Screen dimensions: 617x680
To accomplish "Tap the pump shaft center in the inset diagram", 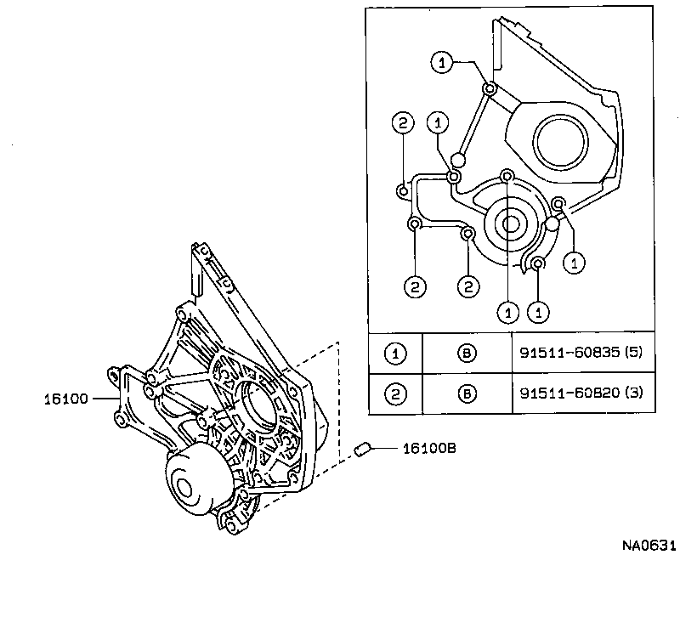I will pyautogui.click(x=510, y=225).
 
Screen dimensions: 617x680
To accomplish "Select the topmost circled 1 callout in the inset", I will pyautogui.click(x=441, y=61).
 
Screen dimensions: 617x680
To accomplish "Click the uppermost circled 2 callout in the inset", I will pyautogui.click(x=402, y=122).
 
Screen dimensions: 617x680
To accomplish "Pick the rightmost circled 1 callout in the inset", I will pyautogui.click(x=575, y=263).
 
